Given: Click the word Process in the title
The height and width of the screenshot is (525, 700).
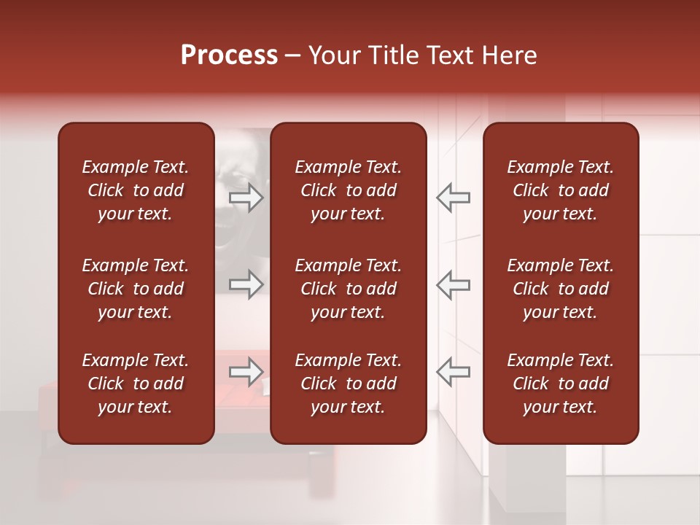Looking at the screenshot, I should (x=229, y=55).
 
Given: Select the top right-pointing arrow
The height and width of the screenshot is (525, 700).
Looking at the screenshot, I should (x=246, y=197).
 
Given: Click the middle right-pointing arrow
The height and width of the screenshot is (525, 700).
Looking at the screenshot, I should (x=246, y=284).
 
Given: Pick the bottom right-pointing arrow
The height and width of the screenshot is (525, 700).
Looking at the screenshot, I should (x=246, y=372).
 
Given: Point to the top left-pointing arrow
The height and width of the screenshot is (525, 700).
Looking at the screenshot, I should (x=454, y=197).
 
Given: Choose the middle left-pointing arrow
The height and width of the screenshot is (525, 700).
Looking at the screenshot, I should (x=454, y=284).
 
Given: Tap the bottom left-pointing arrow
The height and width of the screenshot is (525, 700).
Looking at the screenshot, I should (x=454, y=372).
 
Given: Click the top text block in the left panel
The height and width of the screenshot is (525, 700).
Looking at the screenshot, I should (x=136, y=190).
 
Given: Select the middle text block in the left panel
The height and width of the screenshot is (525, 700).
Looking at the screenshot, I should (x=136, y=289).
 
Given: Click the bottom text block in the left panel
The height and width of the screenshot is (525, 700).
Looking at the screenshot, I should (x=136, y=384).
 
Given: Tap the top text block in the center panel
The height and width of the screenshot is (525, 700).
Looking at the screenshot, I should (x=349, y=190).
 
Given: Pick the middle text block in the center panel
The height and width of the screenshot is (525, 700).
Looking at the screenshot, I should (x=349, y=289).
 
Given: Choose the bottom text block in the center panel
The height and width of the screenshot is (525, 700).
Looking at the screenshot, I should (x=349, y=384).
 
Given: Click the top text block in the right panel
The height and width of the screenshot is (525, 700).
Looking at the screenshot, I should (x=561, y=190).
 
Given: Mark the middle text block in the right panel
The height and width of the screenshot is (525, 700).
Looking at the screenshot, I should (x=561, y=289).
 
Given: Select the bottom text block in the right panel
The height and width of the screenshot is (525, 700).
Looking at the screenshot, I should (x=561, y=384).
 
